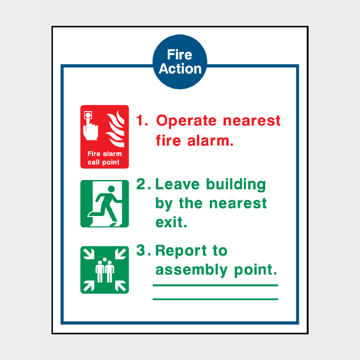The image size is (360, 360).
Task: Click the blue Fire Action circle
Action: coord(180,62)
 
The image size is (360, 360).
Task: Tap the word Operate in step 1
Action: coord(187,121)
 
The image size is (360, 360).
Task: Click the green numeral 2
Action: coord(141,184)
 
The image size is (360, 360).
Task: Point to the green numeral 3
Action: coord(141,250)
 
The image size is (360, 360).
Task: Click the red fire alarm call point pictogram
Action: coord(104,137)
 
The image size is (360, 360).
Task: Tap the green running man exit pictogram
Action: coord(104,204)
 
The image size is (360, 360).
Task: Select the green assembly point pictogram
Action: coord(104,269)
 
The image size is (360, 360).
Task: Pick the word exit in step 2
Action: coord(171,222)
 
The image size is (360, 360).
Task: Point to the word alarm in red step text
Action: coord(206,140)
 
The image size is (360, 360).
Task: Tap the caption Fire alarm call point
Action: coord(104,158)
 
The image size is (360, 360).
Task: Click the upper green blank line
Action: coord(215,285)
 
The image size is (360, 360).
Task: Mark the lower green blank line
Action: coord(215,299)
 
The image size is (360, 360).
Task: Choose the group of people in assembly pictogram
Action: coord(104,270)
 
